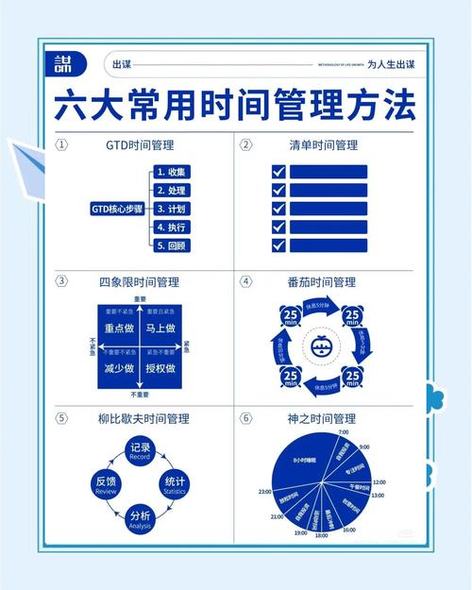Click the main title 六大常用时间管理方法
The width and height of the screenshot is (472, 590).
pyautogui.click(x=235, y=105)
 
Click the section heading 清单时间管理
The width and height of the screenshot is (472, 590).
pyautogui.click(x=323, y=145)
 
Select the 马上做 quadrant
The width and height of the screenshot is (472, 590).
pyautogui.click(x=162, y=329)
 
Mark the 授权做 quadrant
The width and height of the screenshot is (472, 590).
pyautogui.click(x=162, y=368)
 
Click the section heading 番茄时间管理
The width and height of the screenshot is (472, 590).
pyautogui.click(x=323, y=281)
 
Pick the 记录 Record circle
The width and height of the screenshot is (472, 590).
pyautogui.click(x=140, y=450)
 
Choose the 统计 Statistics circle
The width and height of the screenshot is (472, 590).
pyautogui.click(x=176, y=485)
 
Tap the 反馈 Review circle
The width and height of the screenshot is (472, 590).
pyautogui.click(x=105, y=485)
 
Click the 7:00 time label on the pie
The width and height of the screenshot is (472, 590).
pyautogui.click(x=343, y=431)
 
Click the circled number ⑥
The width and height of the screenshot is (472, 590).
pyautogui.click(x=245, y=417)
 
